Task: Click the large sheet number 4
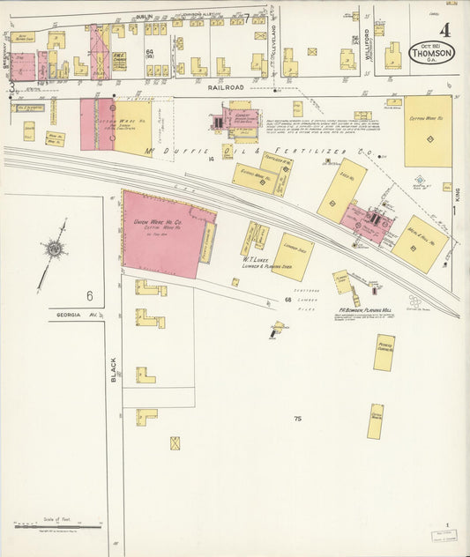coord(444,28)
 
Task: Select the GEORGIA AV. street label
coord(74,315)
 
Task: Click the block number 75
coord(297,418)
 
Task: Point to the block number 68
coord(287,301)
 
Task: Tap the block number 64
coord(150,53)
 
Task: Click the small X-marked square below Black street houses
coord(175,442)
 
